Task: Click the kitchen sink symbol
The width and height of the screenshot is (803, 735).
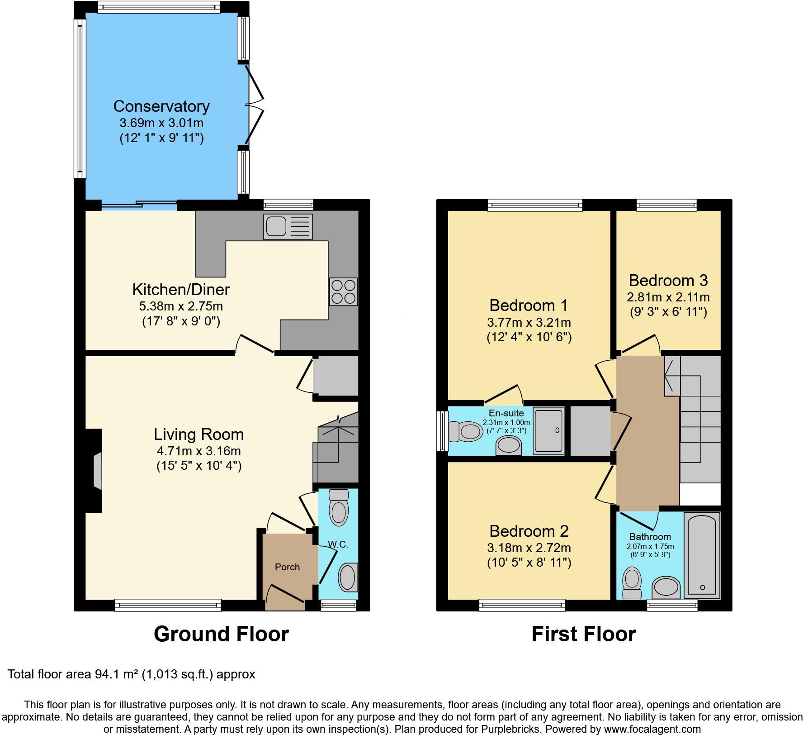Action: point(288,226)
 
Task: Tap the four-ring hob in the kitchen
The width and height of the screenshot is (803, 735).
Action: point(344,291)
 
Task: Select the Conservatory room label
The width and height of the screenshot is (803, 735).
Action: point(161,106)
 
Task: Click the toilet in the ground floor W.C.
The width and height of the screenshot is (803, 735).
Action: point(339,509)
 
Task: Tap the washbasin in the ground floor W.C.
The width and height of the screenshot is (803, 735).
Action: point(348,577)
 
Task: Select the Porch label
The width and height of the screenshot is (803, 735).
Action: point(287,567)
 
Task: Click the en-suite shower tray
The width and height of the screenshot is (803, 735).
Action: point(548,430)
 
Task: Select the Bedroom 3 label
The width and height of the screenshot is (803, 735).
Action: point(668,281)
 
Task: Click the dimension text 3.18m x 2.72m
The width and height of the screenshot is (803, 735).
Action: point(529,548)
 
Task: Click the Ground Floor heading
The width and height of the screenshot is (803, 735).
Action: point(221,634)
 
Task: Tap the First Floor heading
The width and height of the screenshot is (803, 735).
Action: point(583,634)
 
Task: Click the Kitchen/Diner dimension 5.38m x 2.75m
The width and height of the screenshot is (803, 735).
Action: point(180,306)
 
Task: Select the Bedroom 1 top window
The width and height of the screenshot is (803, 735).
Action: point(535,205)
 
